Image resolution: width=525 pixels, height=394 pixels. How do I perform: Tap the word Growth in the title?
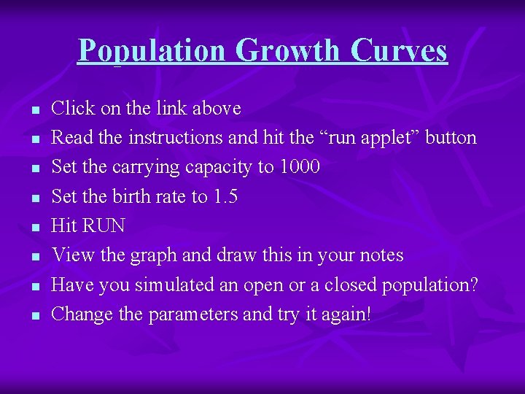tap(288, 50)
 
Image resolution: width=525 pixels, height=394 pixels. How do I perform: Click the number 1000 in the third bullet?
tap(299, 167)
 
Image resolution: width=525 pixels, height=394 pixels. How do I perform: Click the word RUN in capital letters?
tap(104, 225)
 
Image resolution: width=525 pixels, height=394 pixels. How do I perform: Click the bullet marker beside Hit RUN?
tap(34, 228)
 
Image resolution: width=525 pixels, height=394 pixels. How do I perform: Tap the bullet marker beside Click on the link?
tap(34, 110)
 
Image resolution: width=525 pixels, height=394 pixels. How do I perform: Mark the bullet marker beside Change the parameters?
tap(34, 316)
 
